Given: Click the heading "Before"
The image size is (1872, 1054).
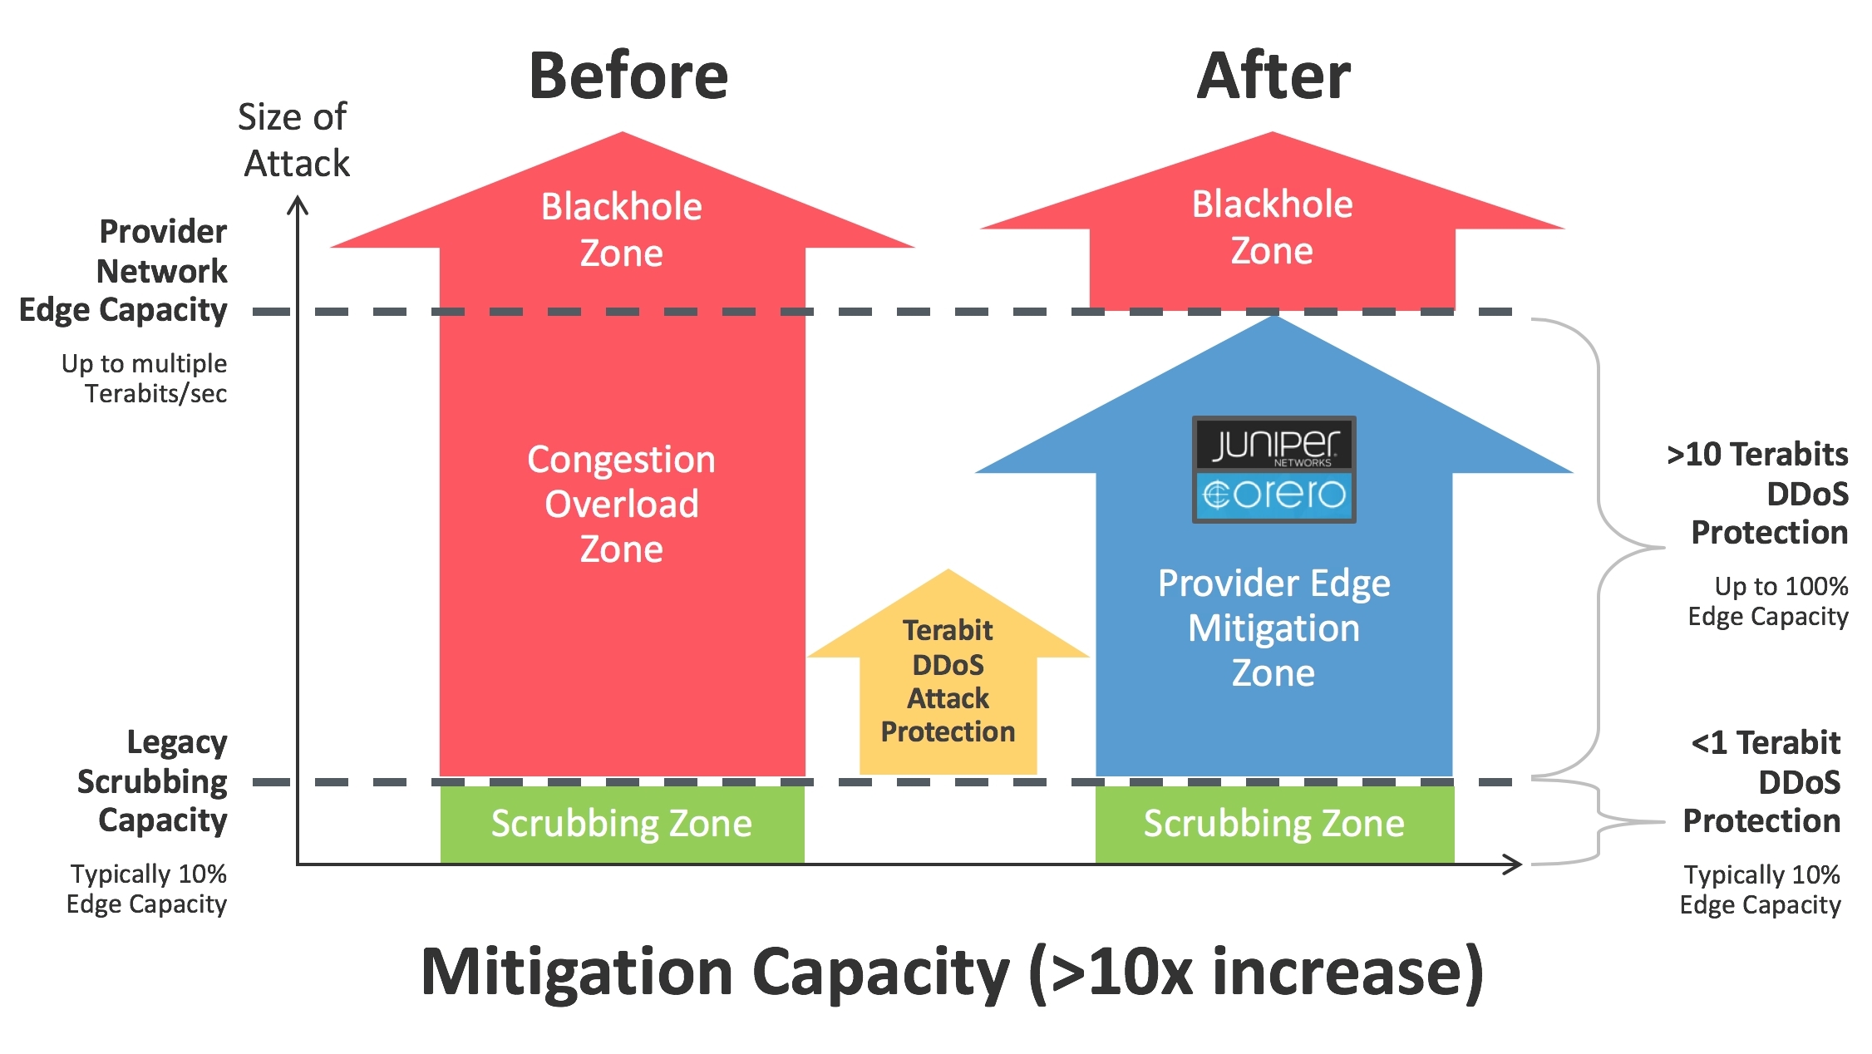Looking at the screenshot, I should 628,76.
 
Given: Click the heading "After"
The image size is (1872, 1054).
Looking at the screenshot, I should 1273,76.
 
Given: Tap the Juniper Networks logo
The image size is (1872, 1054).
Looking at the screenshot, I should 1273,445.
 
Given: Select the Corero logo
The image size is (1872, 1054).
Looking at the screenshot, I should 1273,495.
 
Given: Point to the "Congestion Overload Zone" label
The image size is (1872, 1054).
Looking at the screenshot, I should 622,504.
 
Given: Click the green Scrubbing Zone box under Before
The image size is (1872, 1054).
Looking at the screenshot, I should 622,824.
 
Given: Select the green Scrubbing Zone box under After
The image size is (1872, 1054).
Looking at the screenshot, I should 1273,824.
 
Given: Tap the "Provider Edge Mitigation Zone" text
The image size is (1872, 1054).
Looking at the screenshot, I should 1273,628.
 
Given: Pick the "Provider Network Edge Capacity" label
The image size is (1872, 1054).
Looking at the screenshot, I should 141,270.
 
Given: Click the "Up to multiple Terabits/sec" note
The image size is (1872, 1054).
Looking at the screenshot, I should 145,378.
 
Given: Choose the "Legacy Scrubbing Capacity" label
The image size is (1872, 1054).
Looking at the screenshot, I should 154,781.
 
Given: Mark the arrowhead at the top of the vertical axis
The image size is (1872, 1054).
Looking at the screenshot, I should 298,204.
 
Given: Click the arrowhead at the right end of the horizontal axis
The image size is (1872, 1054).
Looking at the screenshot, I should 1515,864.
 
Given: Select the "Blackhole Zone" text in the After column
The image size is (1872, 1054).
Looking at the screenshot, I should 1272,227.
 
